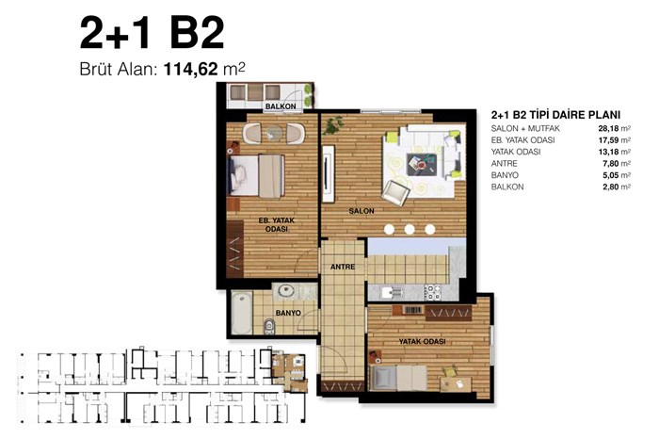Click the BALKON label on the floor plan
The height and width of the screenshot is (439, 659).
coord(281,106)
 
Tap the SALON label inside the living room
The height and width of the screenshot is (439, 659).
coord(362,211)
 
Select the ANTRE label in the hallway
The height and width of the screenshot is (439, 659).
coord(343,267)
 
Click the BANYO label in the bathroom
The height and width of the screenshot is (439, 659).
coord(288,313)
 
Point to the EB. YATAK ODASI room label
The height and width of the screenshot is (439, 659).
coord(276,224)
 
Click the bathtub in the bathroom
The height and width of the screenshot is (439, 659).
coord(242,313)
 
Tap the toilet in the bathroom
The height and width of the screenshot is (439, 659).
coord(269,326)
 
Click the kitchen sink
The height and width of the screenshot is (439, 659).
coord(392,292)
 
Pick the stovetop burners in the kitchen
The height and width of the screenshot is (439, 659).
coord(432,292)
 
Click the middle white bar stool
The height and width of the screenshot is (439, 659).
coord(410,229)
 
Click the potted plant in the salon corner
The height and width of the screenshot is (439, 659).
coord(334,124)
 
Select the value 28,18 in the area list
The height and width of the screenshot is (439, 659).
coord(608,128)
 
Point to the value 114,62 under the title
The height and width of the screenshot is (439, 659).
coord(190,69)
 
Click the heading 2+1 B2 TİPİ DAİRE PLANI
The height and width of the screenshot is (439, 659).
coord(555,115)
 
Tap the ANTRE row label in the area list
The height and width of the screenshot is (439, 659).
coord(505,163)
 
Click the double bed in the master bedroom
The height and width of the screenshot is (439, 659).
coord(256,176)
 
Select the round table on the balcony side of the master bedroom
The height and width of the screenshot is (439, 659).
coord(275,133)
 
